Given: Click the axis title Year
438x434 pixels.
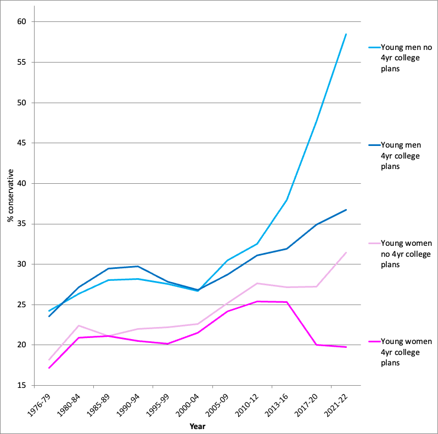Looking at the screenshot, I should click(198, 426).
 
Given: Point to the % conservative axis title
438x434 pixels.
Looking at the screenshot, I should click(10, 203).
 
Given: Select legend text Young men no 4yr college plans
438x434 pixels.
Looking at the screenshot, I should click(406, 58).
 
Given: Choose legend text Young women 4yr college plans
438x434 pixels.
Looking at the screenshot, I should click(406, 352).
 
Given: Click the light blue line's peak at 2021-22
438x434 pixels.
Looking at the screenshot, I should click(346, 35).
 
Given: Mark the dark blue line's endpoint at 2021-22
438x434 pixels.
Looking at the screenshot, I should click(346, 210).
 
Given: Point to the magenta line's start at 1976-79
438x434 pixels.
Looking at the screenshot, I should click(49, 368).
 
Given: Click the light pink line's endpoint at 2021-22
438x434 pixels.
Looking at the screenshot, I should click(346, 252).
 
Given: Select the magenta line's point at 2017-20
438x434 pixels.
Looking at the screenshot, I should click(316, 345).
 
